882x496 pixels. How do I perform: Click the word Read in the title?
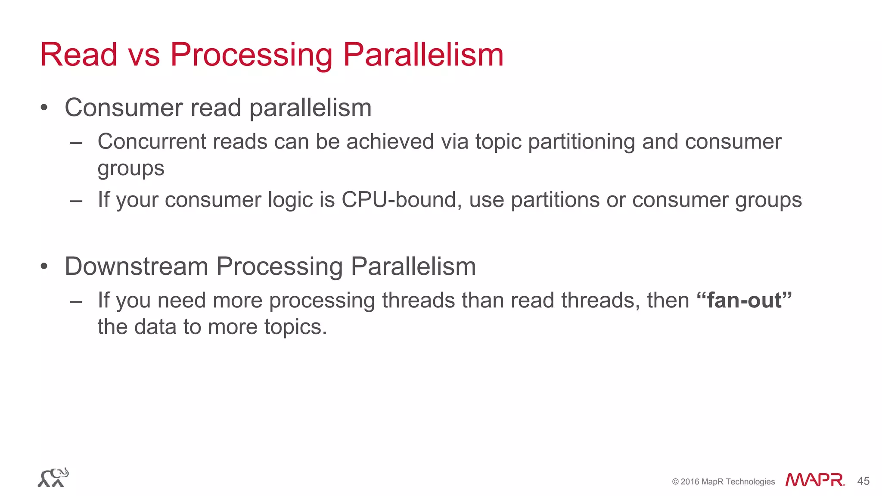(78, 55)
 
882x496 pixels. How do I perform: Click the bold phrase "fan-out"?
(744, 300)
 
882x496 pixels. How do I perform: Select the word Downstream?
(136, 267)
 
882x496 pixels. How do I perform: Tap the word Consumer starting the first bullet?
(124, 108)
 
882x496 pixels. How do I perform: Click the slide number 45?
(863, 481)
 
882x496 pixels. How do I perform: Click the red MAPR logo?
(815, 480)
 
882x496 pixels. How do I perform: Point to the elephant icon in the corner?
(53, 477)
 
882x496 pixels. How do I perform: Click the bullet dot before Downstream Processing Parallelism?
(44, 267)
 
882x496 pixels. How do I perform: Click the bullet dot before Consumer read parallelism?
(44, 108)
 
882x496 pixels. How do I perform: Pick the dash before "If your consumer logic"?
(76, 200)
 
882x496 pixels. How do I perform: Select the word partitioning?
(581, 143)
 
